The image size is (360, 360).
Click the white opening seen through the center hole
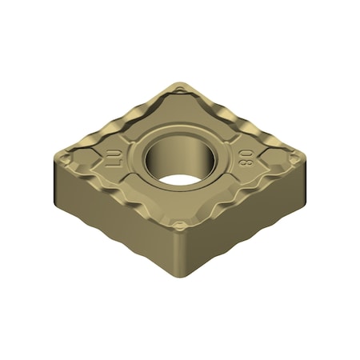click(178, 166)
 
